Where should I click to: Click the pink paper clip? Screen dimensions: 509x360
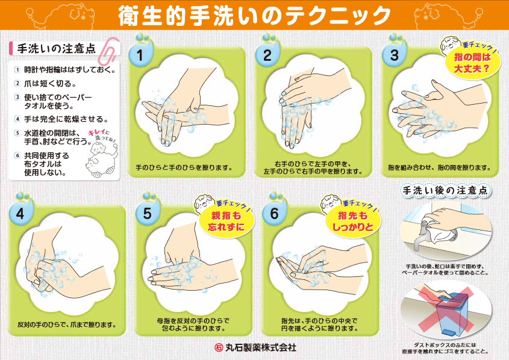point(109,51)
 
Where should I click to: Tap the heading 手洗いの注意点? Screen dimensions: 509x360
point(57,49)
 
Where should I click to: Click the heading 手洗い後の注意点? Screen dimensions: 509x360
point(445,190)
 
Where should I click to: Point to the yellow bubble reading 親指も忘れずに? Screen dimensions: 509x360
point(226,222)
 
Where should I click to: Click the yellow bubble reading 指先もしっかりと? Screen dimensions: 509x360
point(353,222)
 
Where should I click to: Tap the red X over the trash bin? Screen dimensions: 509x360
point(446,308)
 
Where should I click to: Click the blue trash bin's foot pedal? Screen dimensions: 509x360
point(448,332)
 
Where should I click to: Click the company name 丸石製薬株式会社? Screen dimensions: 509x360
point(261,347)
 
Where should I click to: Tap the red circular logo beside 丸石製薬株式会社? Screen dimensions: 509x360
point(219,348)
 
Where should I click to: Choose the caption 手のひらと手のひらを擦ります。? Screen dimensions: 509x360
point(184,168)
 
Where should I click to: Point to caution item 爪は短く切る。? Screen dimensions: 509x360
point(51,84)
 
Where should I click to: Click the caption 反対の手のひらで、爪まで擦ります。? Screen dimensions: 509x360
point(67,324)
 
